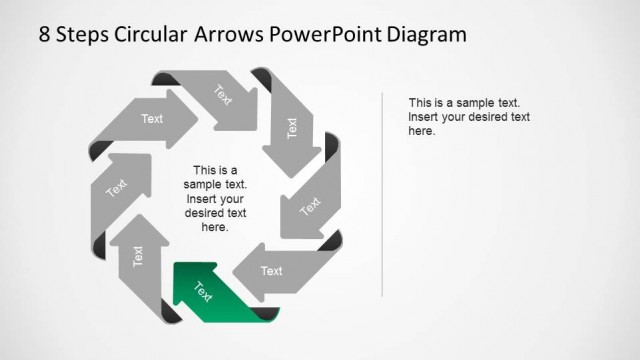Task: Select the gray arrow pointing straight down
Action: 290,130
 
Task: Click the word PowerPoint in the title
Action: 332,35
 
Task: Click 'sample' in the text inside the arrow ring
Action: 205,185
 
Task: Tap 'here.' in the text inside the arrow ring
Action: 215,227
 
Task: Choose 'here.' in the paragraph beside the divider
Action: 422,131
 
